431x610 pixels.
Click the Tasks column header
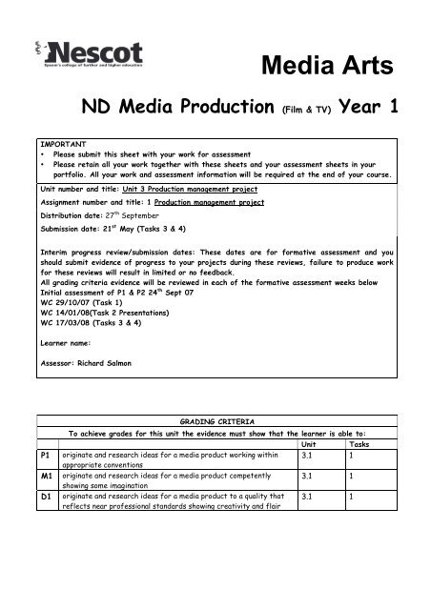(x=361, y=444)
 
